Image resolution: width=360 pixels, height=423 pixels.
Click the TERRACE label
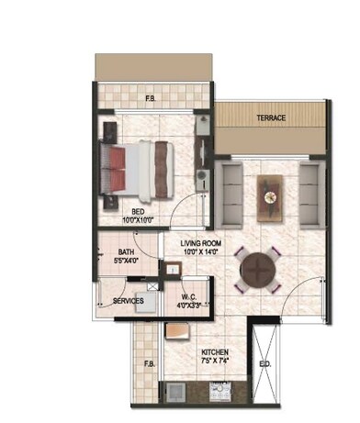[x=271, y=117]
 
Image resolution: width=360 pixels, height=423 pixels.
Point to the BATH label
[x=129, y=251]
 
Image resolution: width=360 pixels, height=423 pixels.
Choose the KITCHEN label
[x=216, y=352]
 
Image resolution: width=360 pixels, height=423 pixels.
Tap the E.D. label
[x=264, y=365]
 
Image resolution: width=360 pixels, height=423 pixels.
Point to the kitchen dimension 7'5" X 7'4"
[x=216, y=362]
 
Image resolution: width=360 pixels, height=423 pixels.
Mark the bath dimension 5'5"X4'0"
[x=129, y=261]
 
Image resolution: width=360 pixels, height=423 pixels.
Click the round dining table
[x=257, y=271]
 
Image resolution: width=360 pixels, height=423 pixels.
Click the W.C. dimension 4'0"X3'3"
[x=191, y=306]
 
